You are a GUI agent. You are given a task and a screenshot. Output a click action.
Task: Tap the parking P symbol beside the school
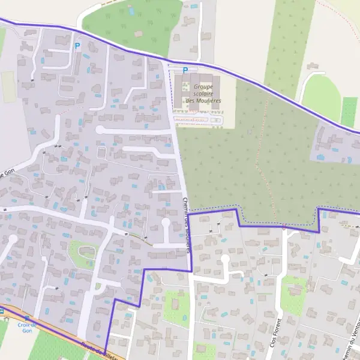pos(185,70)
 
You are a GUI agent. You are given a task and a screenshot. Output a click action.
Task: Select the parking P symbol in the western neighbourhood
pos(77,46)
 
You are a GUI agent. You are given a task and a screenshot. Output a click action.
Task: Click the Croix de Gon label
pos(26,328)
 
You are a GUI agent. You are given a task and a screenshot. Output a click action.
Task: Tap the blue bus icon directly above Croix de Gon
pos(2,311)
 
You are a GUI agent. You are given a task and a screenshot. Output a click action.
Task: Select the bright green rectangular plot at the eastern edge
pos(349,112)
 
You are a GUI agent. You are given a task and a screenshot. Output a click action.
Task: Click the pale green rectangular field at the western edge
pos(8,87)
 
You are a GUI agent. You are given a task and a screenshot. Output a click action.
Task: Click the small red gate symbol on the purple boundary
pos(283,227)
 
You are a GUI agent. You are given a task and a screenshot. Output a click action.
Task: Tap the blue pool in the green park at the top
pos(131,11)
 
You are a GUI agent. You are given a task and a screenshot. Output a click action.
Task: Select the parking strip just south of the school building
pos(198,120)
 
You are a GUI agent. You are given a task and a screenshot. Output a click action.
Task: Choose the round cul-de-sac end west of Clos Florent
pos(225,259)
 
